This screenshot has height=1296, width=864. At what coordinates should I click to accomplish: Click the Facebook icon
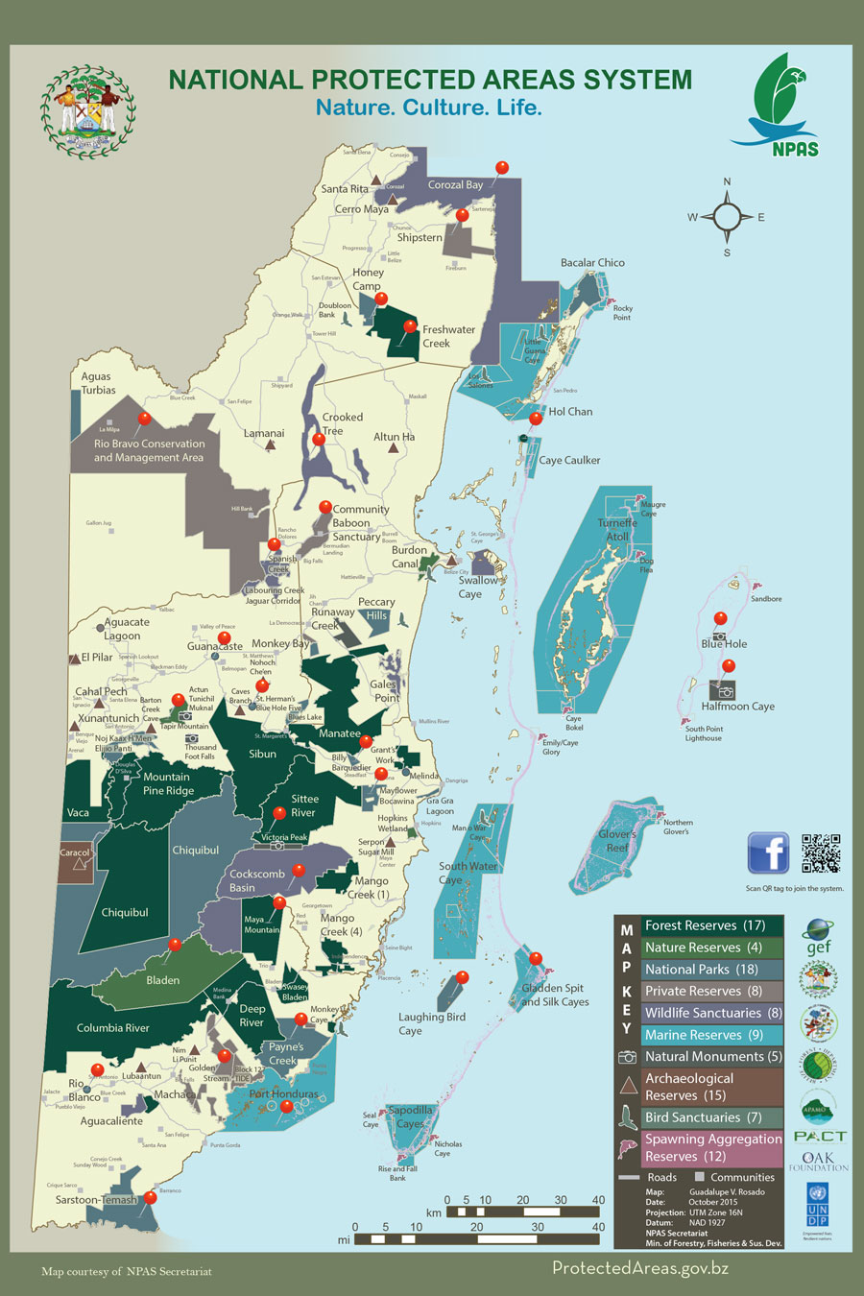[x=768, y=853]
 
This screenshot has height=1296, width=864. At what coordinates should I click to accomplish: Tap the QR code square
[x=821, y=853]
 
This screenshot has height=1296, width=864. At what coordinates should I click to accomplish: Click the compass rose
[x=727, y=217]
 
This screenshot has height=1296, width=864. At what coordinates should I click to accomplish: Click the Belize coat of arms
[x=87, y=111]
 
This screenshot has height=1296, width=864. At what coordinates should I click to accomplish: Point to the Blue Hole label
[x=724, y=644]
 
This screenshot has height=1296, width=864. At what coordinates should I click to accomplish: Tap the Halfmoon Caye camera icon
[x=727, y=691]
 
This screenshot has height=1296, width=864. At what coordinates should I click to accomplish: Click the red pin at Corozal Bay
[x=501, y=169]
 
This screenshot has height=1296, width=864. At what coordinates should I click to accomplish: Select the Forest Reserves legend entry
[x=704, y=925]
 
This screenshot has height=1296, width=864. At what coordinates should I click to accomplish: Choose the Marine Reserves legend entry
[x=704, y=1035]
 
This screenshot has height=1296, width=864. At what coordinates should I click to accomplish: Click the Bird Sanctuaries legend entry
[x=704, y=1117]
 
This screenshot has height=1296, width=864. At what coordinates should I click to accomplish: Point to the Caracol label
[x=75, y=852]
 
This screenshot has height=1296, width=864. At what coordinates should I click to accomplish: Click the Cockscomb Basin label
[x=257, y=880]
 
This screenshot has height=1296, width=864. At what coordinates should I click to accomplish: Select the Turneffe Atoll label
[x=617, y=529]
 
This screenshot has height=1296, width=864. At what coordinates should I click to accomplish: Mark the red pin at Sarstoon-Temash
[x=150, y=1198]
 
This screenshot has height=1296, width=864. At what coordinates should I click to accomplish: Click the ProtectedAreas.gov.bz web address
[x=640, y=1268]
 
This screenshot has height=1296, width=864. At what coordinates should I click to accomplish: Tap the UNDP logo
[x=818, y=1204]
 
